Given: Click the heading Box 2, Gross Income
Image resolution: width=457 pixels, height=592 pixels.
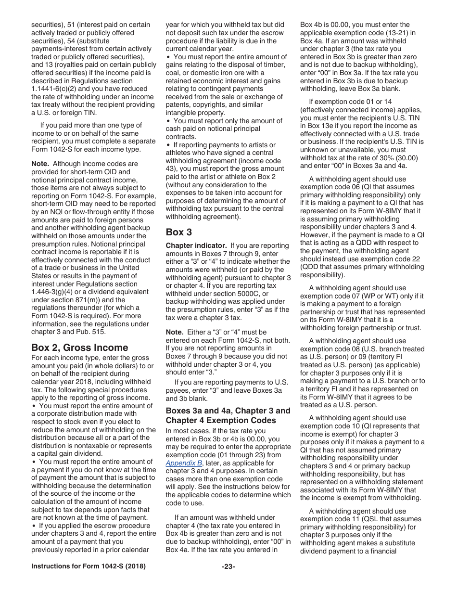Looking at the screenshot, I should click(79, 347).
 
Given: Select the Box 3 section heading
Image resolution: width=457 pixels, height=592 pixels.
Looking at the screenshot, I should click(179, 232).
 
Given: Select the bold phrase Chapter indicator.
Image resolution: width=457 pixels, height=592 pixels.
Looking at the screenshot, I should click(196, 246).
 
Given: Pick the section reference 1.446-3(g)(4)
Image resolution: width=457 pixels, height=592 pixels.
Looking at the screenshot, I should click(54, 292).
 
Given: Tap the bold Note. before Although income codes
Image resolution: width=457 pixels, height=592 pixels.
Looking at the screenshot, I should click(40, 164).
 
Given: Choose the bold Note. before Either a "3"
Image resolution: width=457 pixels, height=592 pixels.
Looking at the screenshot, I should click(174, 332).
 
